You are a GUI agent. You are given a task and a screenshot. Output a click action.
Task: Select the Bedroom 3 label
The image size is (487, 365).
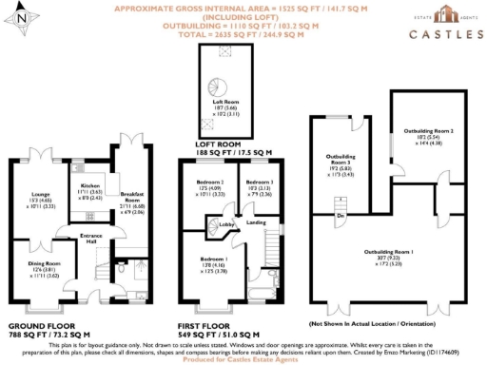[x=259, y=181]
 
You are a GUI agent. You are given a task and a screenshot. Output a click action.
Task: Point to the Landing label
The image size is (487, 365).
[x=256, y=223]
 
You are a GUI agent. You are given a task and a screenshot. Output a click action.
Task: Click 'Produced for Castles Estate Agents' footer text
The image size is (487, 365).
[x=243, y=358]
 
